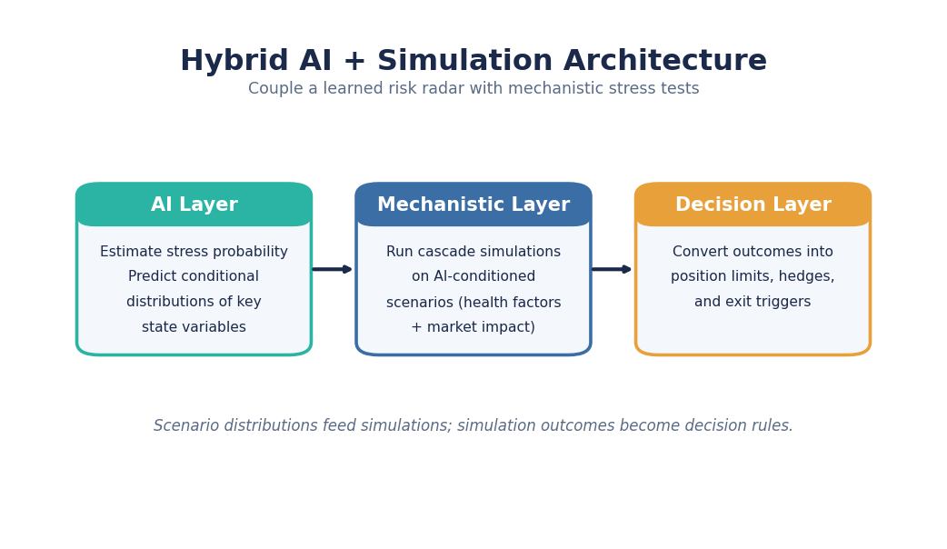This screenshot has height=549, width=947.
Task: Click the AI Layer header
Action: tap(194, 205)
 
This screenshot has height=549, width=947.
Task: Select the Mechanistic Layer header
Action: tap(473, 205)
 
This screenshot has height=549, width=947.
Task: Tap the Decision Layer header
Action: tap(753, 205)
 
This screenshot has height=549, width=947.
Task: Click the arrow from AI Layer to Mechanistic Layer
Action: tap(332, 269)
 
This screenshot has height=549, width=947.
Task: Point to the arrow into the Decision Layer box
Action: tap(612, 269)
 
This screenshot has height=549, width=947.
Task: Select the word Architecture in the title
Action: tap(665, 60)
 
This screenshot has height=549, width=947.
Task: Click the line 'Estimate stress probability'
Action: tap(194, 252)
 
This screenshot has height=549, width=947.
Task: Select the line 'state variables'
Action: tap(194, 327)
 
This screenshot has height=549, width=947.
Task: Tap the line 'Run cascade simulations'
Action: tap(473, 252)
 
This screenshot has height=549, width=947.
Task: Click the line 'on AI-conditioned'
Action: tap(473, 276)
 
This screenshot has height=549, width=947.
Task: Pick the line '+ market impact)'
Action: tap(473, 327)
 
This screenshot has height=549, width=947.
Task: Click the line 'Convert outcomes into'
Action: tap(753, 252)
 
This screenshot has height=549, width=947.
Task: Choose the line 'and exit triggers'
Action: tap(753, 302)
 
